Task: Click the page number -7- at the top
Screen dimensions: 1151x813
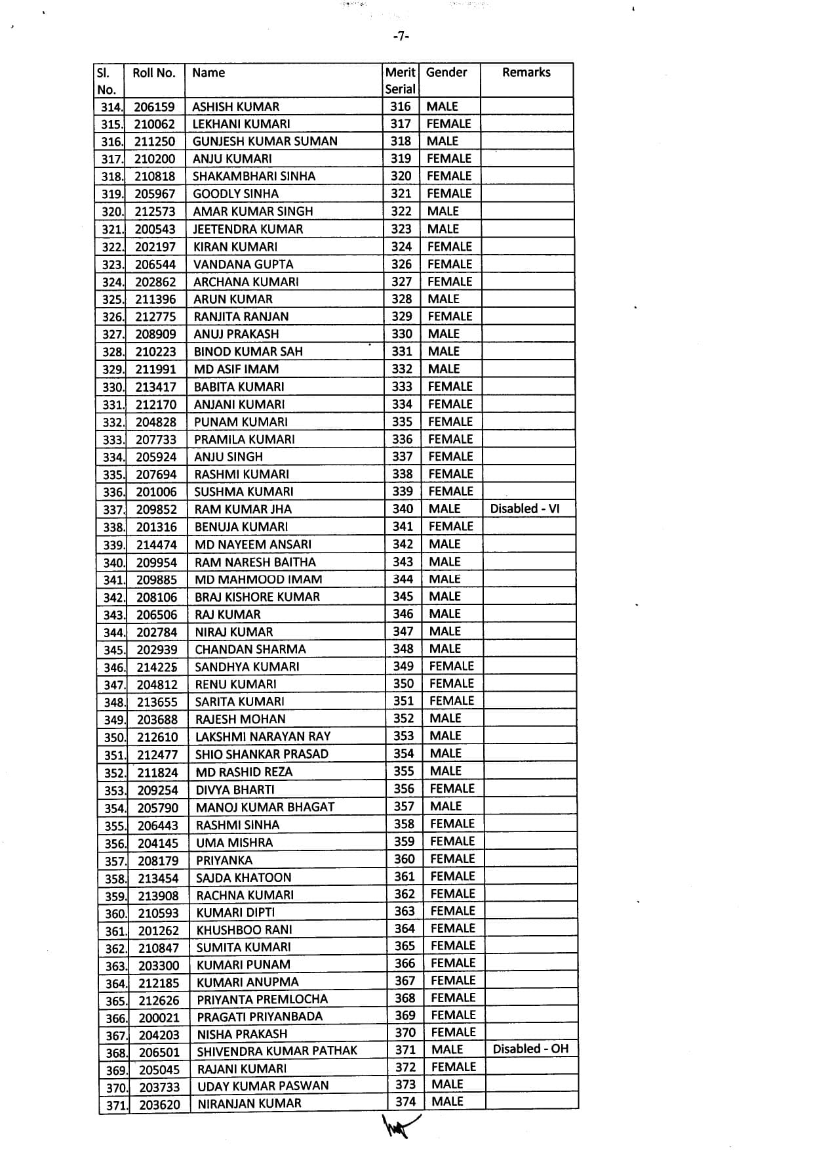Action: [x=401, y=37]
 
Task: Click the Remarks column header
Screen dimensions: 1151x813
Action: [x=526, y=72]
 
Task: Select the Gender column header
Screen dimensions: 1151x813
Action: [x=446, y=72]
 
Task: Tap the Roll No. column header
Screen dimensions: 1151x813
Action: [x=154, y=73]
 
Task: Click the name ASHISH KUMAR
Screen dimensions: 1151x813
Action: [x=235, y=107]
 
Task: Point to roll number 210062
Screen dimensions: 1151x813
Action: [x=155, y=124]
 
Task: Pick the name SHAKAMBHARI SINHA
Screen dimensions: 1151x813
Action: [x=254, y=176]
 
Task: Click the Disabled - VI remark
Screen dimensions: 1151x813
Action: [x=525, y=509]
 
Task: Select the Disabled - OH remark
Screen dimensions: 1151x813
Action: [x=530, y=1049]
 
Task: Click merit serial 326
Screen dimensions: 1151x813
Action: [x=401, y=264]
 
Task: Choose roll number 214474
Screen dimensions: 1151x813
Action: [x=157, y=545]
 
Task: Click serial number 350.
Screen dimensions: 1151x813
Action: [x=114, y=738]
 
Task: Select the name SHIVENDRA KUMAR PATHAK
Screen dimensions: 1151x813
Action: [x=277, y=1051]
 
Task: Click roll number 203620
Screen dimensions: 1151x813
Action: [x=159, y=1105]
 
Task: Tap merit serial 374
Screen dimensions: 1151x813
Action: [x=405, y=1102]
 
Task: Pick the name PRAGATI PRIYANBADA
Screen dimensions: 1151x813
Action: [x=260, y=1016]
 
